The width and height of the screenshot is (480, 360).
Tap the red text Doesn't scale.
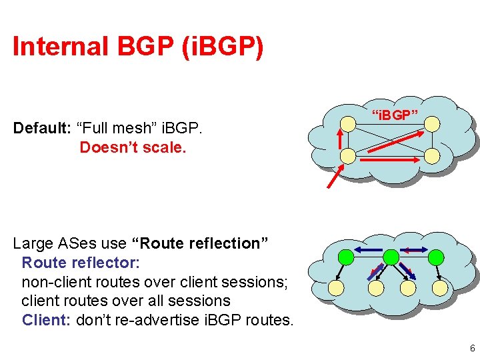click(x=133, y=147)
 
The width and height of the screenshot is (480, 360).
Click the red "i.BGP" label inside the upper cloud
click(x=395, y=115)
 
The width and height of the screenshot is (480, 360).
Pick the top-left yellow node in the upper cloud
click(x=347, y=124)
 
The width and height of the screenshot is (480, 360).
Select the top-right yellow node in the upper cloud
click(x=432, y=123)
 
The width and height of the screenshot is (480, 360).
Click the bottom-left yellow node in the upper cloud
click(x=347, y=156)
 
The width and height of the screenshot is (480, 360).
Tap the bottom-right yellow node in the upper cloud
click(x=432, y=156)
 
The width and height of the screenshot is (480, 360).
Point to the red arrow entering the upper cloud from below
click(x=334, y=177)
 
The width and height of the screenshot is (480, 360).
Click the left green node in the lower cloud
click(x=346, y=257)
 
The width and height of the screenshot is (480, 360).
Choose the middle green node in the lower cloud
click(x=391, y=257)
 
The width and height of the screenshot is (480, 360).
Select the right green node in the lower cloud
click(x=436, y=257)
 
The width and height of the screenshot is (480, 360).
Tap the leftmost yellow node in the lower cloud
click(x=337, y=288)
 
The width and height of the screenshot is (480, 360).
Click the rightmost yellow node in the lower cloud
click(x=440, y=288)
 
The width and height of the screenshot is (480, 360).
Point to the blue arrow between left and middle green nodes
click(x=369, y=251)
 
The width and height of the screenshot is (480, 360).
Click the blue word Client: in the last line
click(x=47, y=320)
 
